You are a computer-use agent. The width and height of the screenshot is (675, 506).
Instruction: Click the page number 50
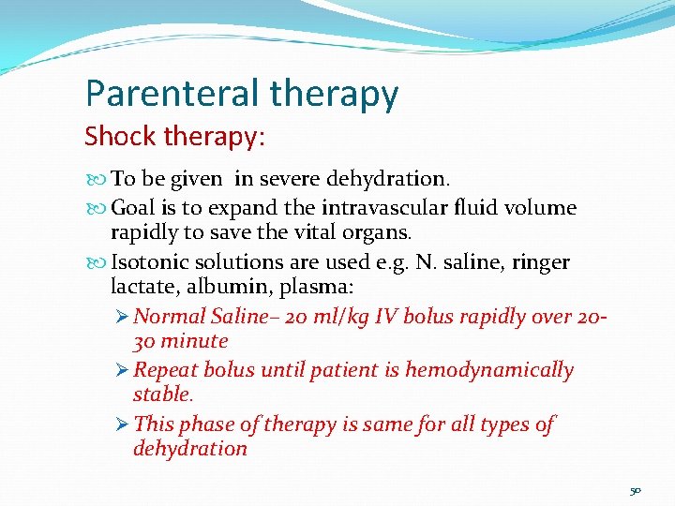(x=636, y=491)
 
